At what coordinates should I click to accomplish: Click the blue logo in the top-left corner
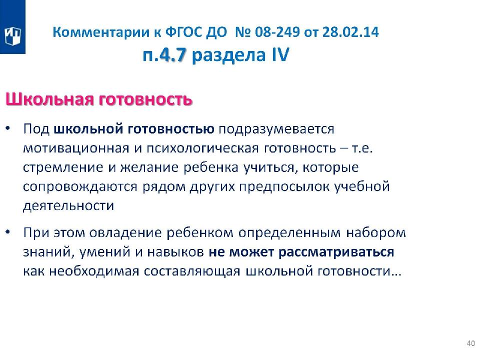12,27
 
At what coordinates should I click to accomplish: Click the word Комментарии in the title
100,32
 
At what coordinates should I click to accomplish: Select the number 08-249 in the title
277,32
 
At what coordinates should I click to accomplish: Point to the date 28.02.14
350,32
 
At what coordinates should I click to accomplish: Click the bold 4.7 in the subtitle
173,55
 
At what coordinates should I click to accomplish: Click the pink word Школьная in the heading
49,99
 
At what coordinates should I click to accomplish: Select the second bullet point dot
8,231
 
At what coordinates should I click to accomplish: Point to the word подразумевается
276,129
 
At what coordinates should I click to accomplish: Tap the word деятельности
68,205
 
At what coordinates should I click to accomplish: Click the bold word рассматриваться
336,252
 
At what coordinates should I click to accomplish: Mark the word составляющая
192,271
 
